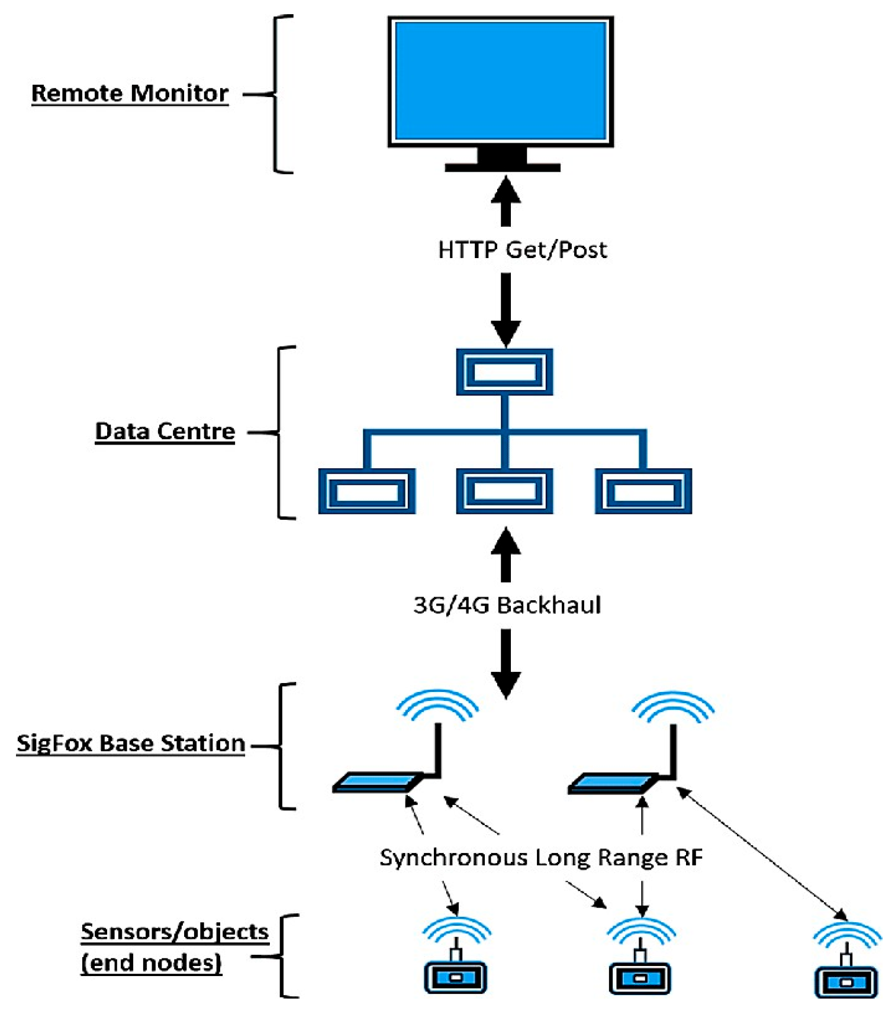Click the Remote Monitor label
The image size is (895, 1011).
pos(130,94)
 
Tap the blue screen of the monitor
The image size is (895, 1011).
pos(500,81)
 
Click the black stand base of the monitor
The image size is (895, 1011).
pos(503,168)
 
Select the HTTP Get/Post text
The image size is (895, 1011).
pos(522,250)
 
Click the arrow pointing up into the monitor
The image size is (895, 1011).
pos(506,201)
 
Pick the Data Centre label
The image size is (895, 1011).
pos(165,432)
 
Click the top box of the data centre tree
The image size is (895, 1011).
pos(504,372)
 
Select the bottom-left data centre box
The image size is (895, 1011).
pos(366,491)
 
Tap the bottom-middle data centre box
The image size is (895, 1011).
pos(504,491)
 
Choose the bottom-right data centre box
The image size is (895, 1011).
pos(643,491)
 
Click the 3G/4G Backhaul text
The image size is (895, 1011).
pos(507,606)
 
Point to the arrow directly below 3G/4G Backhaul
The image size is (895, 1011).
pos(506,663)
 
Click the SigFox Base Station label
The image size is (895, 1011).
pos(131,743)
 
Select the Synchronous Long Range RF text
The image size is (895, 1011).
pos(541,858)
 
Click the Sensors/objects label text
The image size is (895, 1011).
pos(175,932)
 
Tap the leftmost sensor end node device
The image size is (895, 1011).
pos(455,977)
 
